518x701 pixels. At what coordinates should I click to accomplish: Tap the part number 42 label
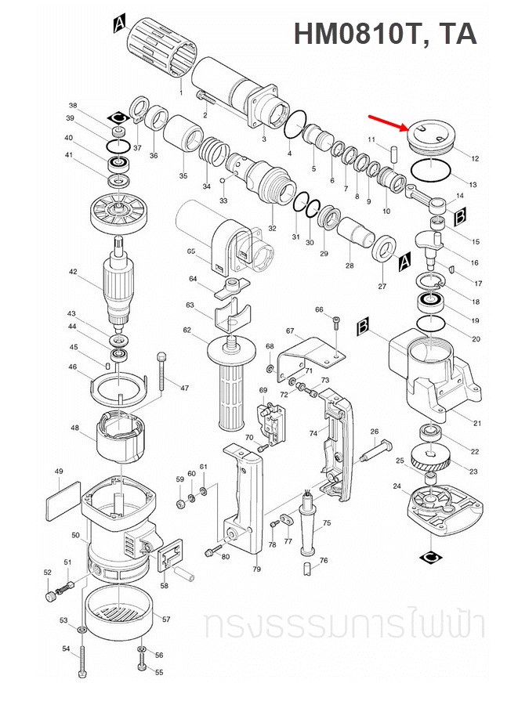pyautogui.click(x=73, y=273)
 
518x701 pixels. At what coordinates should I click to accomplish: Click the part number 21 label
pyautogui.click(x=476, y=424)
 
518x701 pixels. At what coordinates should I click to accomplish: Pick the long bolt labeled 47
pyautogui.click(x=162, y=371)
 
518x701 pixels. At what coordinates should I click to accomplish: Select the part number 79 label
pyautogui.click(x=256, y=569)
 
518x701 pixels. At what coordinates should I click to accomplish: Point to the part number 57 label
pyautogui.click(x=166, y=619)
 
